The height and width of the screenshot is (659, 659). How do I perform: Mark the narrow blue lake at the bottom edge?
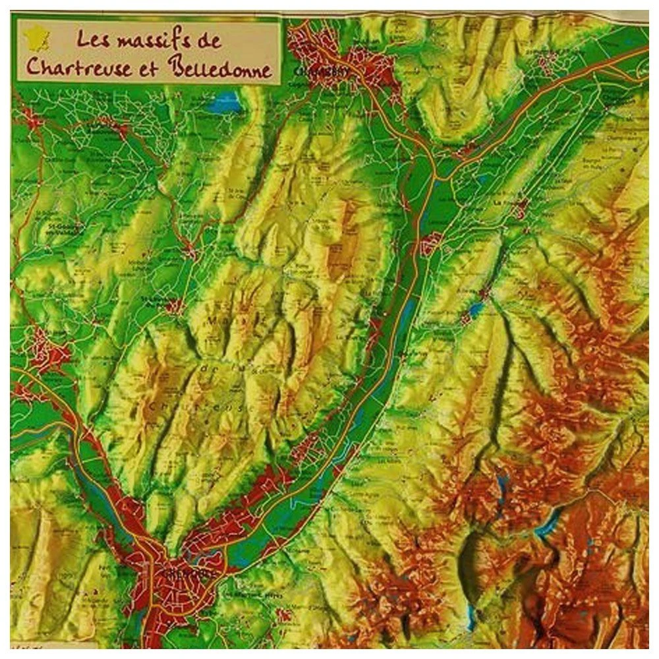(471, 616)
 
